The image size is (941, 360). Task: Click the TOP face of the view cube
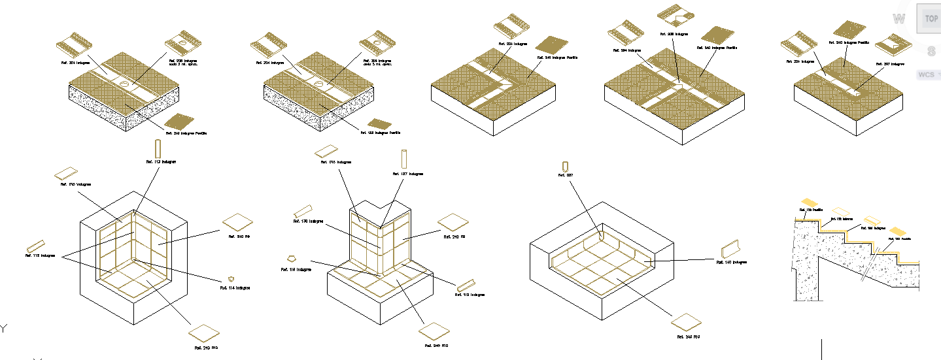coord(931,19)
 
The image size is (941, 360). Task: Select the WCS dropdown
coord(927,74)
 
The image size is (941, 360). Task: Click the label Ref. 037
coord(565,175)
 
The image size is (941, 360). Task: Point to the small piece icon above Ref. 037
coord(565,165)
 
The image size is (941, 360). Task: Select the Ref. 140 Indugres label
coord(730,263)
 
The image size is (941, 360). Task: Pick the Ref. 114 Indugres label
coord(234,287)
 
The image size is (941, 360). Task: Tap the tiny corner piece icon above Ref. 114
coord(231,278)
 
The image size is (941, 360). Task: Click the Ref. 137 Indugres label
coord(407,174)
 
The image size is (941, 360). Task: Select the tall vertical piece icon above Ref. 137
coord(403,159)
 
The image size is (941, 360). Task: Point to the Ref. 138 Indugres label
coord(308,221)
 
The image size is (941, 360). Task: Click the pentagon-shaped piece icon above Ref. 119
coord(292,259)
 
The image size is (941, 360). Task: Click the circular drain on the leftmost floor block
coord(124,84)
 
